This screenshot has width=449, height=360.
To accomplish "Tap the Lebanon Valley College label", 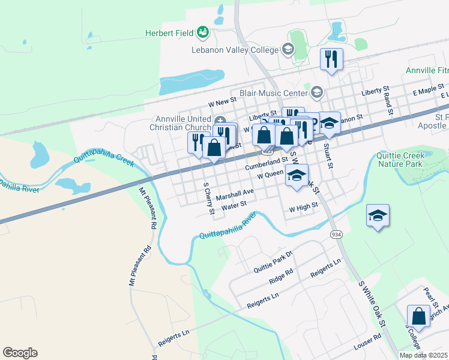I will pos(235,50).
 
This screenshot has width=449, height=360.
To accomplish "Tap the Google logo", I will pos(20,353).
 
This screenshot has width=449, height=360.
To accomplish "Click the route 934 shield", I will pos(334,233).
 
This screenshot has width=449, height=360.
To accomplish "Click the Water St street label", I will pos(234,206).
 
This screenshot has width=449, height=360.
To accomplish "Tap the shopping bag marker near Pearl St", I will pos(418,316).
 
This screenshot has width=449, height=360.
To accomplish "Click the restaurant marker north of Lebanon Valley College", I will pos(331,59).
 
